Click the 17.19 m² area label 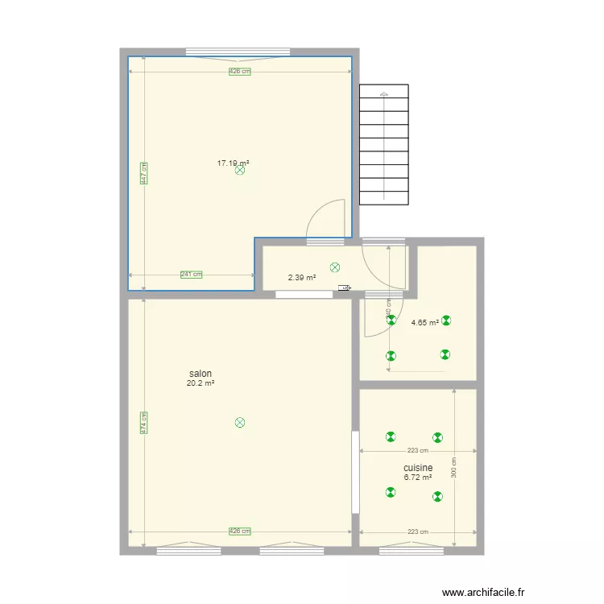(x=233, y=163)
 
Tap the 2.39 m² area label (x=302, y=279)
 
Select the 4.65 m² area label (x=424, y=323)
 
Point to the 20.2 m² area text (x=201, y=384)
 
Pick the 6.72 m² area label (x=417, y=478)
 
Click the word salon (x=201, y=374)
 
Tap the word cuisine (x=418, y=468)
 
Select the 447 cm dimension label (x=143, y=174)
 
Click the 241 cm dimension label (x=191, y=275)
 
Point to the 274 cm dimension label (x=143, y=424)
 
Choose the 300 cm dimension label (x=453, y=468)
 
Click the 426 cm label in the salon (x=240, y=532)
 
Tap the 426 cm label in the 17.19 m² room (x=239, y=72)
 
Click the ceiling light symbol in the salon (x=239, y=422)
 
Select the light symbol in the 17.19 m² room (x=240, y=171)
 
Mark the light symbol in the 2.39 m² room (x=335, y=267)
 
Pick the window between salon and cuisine (x=355, y=472)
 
